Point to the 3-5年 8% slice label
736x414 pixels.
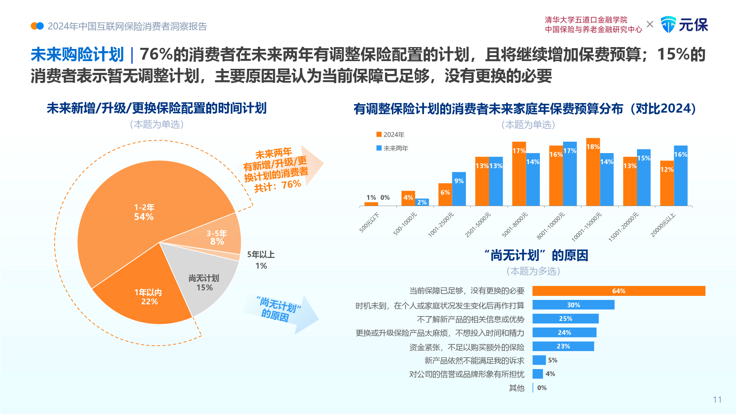(217, 237)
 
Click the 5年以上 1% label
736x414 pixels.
(261, 260)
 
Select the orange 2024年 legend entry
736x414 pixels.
(390, 135)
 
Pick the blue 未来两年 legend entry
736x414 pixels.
(392, 148)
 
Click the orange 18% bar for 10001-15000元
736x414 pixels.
(593, 173)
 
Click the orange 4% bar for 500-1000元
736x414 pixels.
(408, 199)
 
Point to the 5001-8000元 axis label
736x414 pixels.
(515, 224)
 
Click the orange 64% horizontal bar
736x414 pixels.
(618, 291)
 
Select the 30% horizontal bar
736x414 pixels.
(573, 305)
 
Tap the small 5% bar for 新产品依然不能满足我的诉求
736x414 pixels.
(539, 360)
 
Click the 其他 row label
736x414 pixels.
(516, 388)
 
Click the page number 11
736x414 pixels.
(717, 400)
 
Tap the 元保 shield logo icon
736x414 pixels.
(668, 25)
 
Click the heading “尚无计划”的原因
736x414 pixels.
(536, 255)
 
